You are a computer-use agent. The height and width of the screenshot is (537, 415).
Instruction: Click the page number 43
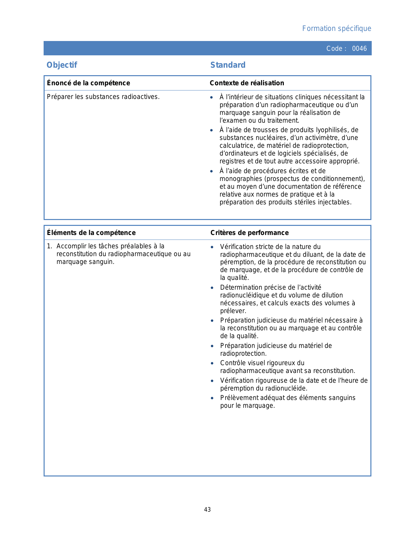click(207, 510)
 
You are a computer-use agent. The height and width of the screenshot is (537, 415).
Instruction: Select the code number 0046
click(359, 48)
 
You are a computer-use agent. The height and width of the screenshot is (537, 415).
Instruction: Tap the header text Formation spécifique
click(337, 29)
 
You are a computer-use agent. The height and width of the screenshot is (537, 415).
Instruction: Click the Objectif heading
click(62, 65)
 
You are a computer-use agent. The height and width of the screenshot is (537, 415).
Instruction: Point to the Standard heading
click(228, 65)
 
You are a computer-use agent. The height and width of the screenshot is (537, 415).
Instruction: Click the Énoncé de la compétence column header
click(88, 83)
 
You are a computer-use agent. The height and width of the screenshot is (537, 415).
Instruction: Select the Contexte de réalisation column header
click(247, 83)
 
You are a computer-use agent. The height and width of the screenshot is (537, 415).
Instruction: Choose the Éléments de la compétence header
click(91, 233)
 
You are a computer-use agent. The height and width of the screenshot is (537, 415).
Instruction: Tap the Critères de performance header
click(249, 233)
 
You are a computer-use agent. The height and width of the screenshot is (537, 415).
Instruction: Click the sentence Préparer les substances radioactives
click(103, 97)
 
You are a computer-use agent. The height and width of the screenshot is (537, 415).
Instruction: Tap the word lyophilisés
click(332, 130)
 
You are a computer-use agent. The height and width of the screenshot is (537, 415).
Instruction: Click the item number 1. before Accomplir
click(49, 246)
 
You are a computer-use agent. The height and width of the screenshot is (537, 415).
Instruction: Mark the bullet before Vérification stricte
click(212, 247)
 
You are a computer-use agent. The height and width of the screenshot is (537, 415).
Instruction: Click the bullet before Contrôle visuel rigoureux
click(212, 363)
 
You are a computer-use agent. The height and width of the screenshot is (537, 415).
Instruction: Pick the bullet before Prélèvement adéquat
click(212, 398)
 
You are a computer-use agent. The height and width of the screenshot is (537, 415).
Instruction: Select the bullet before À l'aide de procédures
click(212, 171)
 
